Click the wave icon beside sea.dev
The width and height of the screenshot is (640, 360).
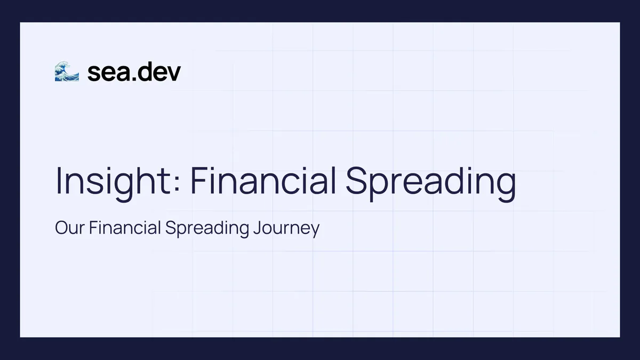tap(67, 71)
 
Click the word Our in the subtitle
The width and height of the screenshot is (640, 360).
tap(70, 228)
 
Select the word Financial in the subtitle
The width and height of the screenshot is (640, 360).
tap(125, 228)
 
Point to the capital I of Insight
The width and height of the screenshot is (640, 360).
tap(59, 181)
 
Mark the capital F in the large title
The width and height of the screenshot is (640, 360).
tap(198, 181)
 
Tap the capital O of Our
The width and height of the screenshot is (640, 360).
tap(61, 228)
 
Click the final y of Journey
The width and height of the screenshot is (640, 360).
tap(315, 231)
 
